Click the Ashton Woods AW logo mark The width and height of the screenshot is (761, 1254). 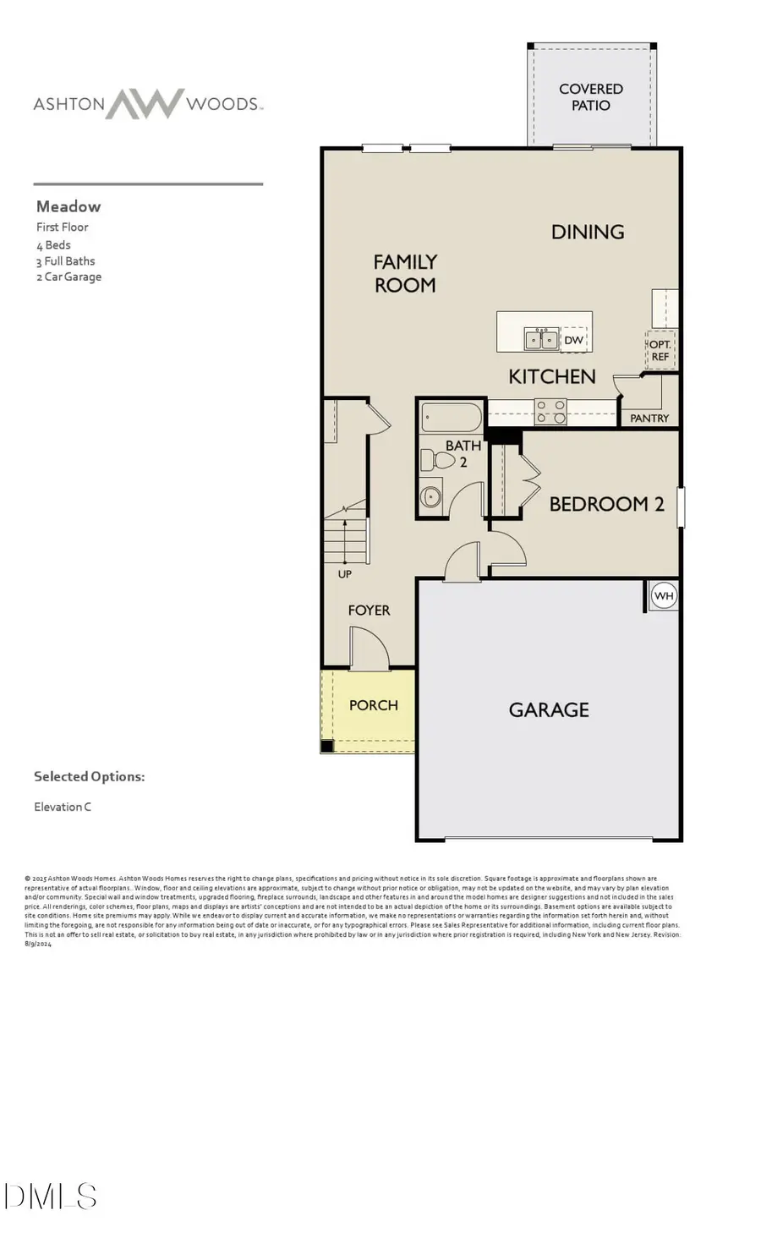pyautogui.click(x=144, y=103)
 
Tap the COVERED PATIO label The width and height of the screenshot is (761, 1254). pyautogui.click(x=590, y=97)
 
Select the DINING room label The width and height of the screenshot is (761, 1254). pyautogui.click(x=588, y=232)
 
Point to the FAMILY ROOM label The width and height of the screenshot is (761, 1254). pyautogui.click(x=405, y=273)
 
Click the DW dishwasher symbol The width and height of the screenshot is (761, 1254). pyautogui.click(x=573, y=340)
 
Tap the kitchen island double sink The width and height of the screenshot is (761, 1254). pyautogui.click(x=541, y=339)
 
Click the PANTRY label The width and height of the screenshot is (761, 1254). pyautogui.click(x=649, y=418)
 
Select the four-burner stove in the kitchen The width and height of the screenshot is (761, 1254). pyautogui.click(x=550, y=412)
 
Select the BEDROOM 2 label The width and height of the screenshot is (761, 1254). pyautogui.click(x=606, y=504)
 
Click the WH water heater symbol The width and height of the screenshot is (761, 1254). pyautogui.click(x=664, y=595)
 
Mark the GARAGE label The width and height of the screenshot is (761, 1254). pyautogui.click(x=549, y=709)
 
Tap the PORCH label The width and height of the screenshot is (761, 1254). pyautogui.click(x=373, y=705)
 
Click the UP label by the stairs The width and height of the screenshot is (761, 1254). pyautogui.click(x=345, y=574)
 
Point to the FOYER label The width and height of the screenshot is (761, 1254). pyautogui.click(x=369, y=610)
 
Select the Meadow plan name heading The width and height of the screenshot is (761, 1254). pyautogui.click(x=68, y=206)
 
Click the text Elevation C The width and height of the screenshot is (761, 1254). pyautogui.click(x=63, y=807)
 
